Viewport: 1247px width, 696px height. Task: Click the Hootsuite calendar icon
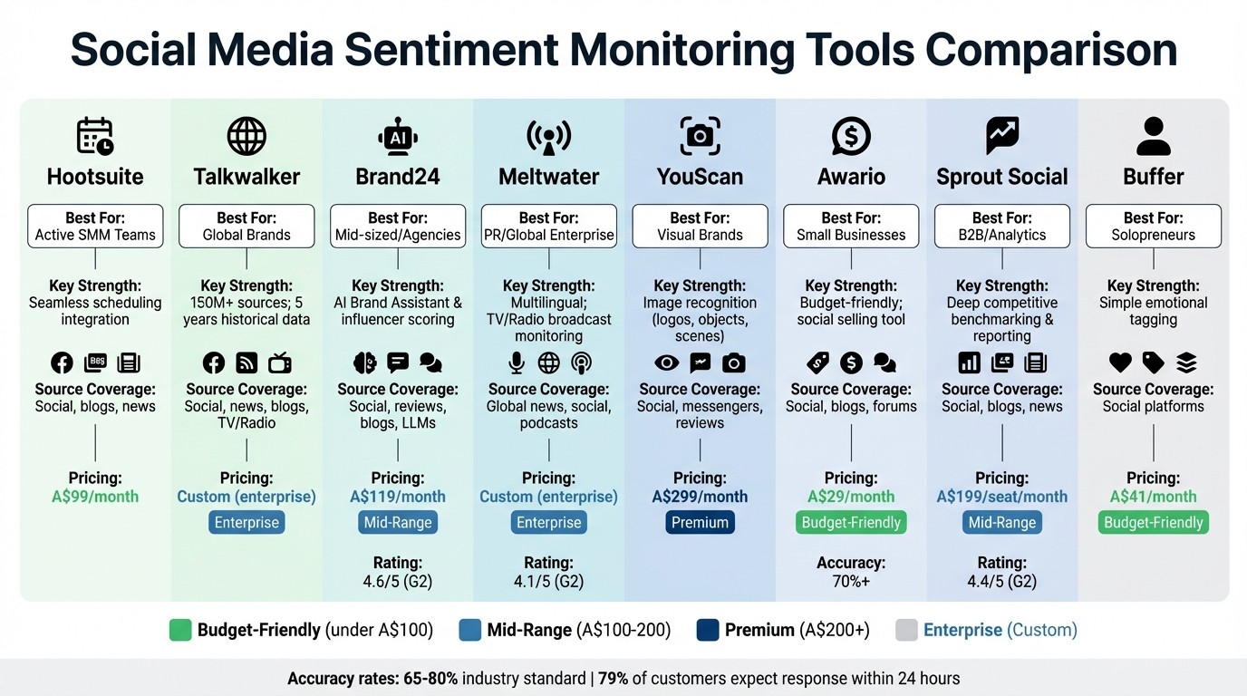[x=95, y=136]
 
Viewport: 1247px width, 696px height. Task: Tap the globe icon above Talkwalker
[x=246, y=136]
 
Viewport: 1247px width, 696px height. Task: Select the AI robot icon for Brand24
[x=397, y=136]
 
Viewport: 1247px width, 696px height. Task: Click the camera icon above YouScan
[x=700, y=136]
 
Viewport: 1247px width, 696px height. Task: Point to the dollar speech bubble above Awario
[x=851, y=136]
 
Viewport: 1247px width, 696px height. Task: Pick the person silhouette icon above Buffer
[x=1154, y=136]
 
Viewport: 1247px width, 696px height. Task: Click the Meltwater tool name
[x=548, y=177]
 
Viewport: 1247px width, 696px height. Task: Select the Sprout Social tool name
[x=1002, y=177]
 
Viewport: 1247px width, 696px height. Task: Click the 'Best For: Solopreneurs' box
[x=1154, y=227]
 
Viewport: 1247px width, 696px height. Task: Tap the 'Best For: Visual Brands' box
[x=700, y=227]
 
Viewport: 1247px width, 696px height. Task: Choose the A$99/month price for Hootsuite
[x=95, y=497]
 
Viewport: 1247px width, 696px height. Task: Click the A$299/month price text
[x=700, y=497]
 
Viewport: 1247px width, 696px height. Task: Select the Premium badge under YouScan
[x=700, y=523]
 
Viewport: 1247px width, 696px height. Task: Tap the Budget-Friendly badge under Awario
[x=851, y=523]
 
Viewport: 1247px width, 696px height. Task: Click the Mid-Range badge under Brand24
[x=397, y=523]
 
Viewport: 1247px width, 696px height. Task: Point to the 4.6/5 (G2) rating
[x=397, y=581]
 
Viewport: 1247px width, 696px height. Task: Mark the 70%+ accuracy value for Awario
[x=851, y=581]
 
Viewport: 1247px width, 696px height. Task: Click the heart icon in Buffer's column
[x=1121, y=363]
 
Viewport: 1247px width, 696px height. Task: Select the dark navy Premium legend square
[x=709, y=630]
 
